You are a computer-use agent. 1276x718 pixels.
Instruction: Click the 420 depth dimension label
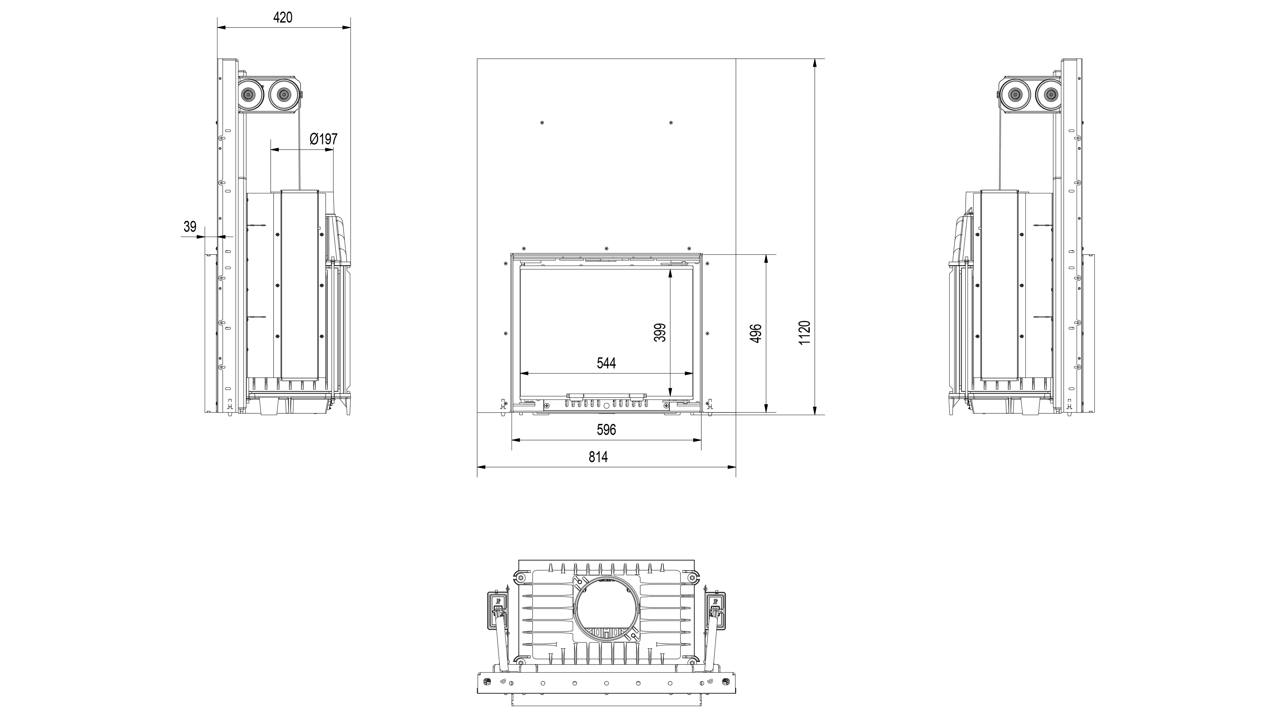tap(283, 17)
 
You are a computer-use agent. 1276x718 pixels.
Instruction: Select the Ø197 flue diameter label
tap(324, 139)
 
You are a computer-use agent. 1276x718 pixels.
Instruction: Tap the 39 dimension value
tap(190, 227)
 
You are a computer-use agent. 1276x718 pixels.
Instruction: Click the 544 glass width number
tap(606, 363)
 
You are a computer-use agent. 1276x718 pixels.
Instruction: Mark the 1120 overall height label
tap(804, 333)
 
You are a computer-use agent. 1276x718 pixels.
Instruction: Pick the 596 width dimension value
tap(606, 429)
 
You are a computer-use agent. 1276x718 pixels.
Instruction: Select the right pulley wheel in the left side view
tap(284, 94)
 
